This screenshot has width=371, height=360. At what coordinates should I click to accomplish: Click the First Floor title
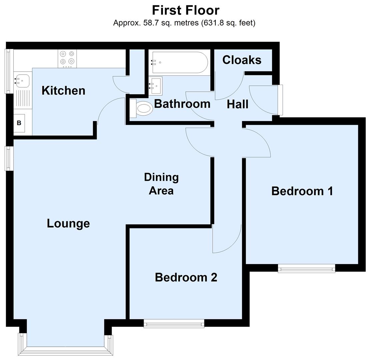point(186,10)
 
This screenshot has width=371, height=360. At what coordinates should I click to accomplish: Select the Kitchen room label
point(63,90)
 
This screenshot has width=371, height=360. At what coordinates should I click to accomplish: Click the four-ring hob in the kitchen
point(67,58)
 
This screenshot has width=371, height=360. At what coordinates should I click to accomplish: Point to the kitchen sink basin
point(22,80)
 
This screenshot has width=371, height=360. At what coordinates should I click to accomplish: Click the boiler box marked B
point(19,123)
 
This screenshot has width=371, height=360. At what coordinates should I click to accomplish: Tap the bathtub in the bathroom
point(180,62)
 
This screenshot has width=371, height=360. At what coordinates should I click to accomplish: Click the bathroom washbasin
point(156,85)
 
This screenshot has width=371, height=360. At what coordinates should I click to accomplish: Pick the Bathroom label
point(182,104)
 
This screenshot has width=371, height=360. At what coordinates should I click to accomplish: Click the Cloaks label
point(242,60)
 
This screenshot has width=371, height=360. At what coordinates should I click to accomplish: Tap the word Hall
point(237,104)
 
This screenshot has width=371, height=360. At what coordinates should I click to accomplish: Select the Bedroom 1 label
point(302,191)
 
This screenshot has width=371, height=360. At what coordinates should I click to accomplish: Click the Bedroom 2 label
point(186,277)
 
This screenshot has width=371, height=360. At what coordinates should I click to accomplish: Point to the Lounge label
point(68,223)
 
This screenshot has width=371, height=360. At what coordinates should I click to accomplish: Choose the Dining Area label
point(161,184)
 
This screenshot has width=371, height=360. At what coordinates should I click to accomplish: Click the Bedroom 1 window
point(306,268)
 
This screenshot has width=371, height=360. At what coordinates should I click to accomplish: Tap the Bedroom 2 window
point(174,323)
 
